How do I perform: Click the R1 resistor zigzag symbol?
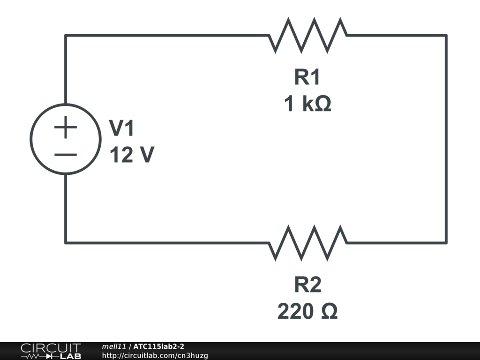click(307, 36)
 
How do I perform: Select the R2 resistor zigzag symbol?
click(307, 243)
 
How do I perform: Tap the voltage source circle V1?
click(30, 139)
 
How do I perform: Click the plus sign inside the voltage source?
click(66, 127)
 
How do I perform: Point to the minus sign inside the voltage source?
click(66, 155)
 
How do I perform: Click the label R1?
click(307, 77)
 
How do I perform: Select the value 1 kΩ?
click(307, 104)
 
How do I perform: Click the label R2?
click(307, 285)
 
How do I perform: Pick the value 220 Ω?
click(307, 311)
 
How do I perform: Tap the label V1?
click(121, 128)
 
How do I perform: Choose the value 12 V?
click(132, 155)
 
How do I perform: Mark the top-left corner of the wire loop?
click(66, 36)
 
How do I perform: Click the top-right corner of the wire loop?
click(446, 36)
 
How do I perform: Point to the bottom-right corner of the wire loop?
click(446, 243)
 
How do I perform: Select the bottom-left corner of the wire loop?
click(66, 243)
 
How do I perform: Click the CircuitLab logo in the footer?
click(51, 351)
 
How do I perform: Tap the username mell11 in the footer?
click(114, 346)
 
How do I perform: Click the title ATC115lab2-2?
click(158, 346)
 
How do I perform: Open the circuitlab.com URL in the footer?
click(155, 355)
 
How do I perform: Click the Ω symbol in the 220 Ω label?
click(330, 311)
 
